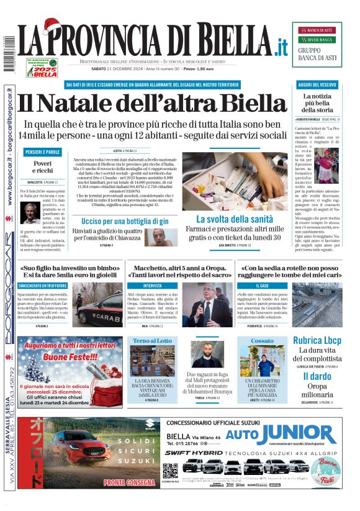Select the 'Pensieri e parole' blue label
click(43, 152)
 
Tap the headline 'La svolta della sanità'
click(234, 219)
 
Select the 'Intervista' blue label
click(136, 285)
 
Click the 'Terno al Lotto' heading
click(152, 341)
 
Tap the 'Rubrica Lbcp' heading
click(317, 340)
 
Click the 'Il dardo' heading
click(317, 376)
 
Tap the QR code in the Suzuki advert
click(170, 470)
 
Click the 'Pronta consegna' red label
click(128, 482)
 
